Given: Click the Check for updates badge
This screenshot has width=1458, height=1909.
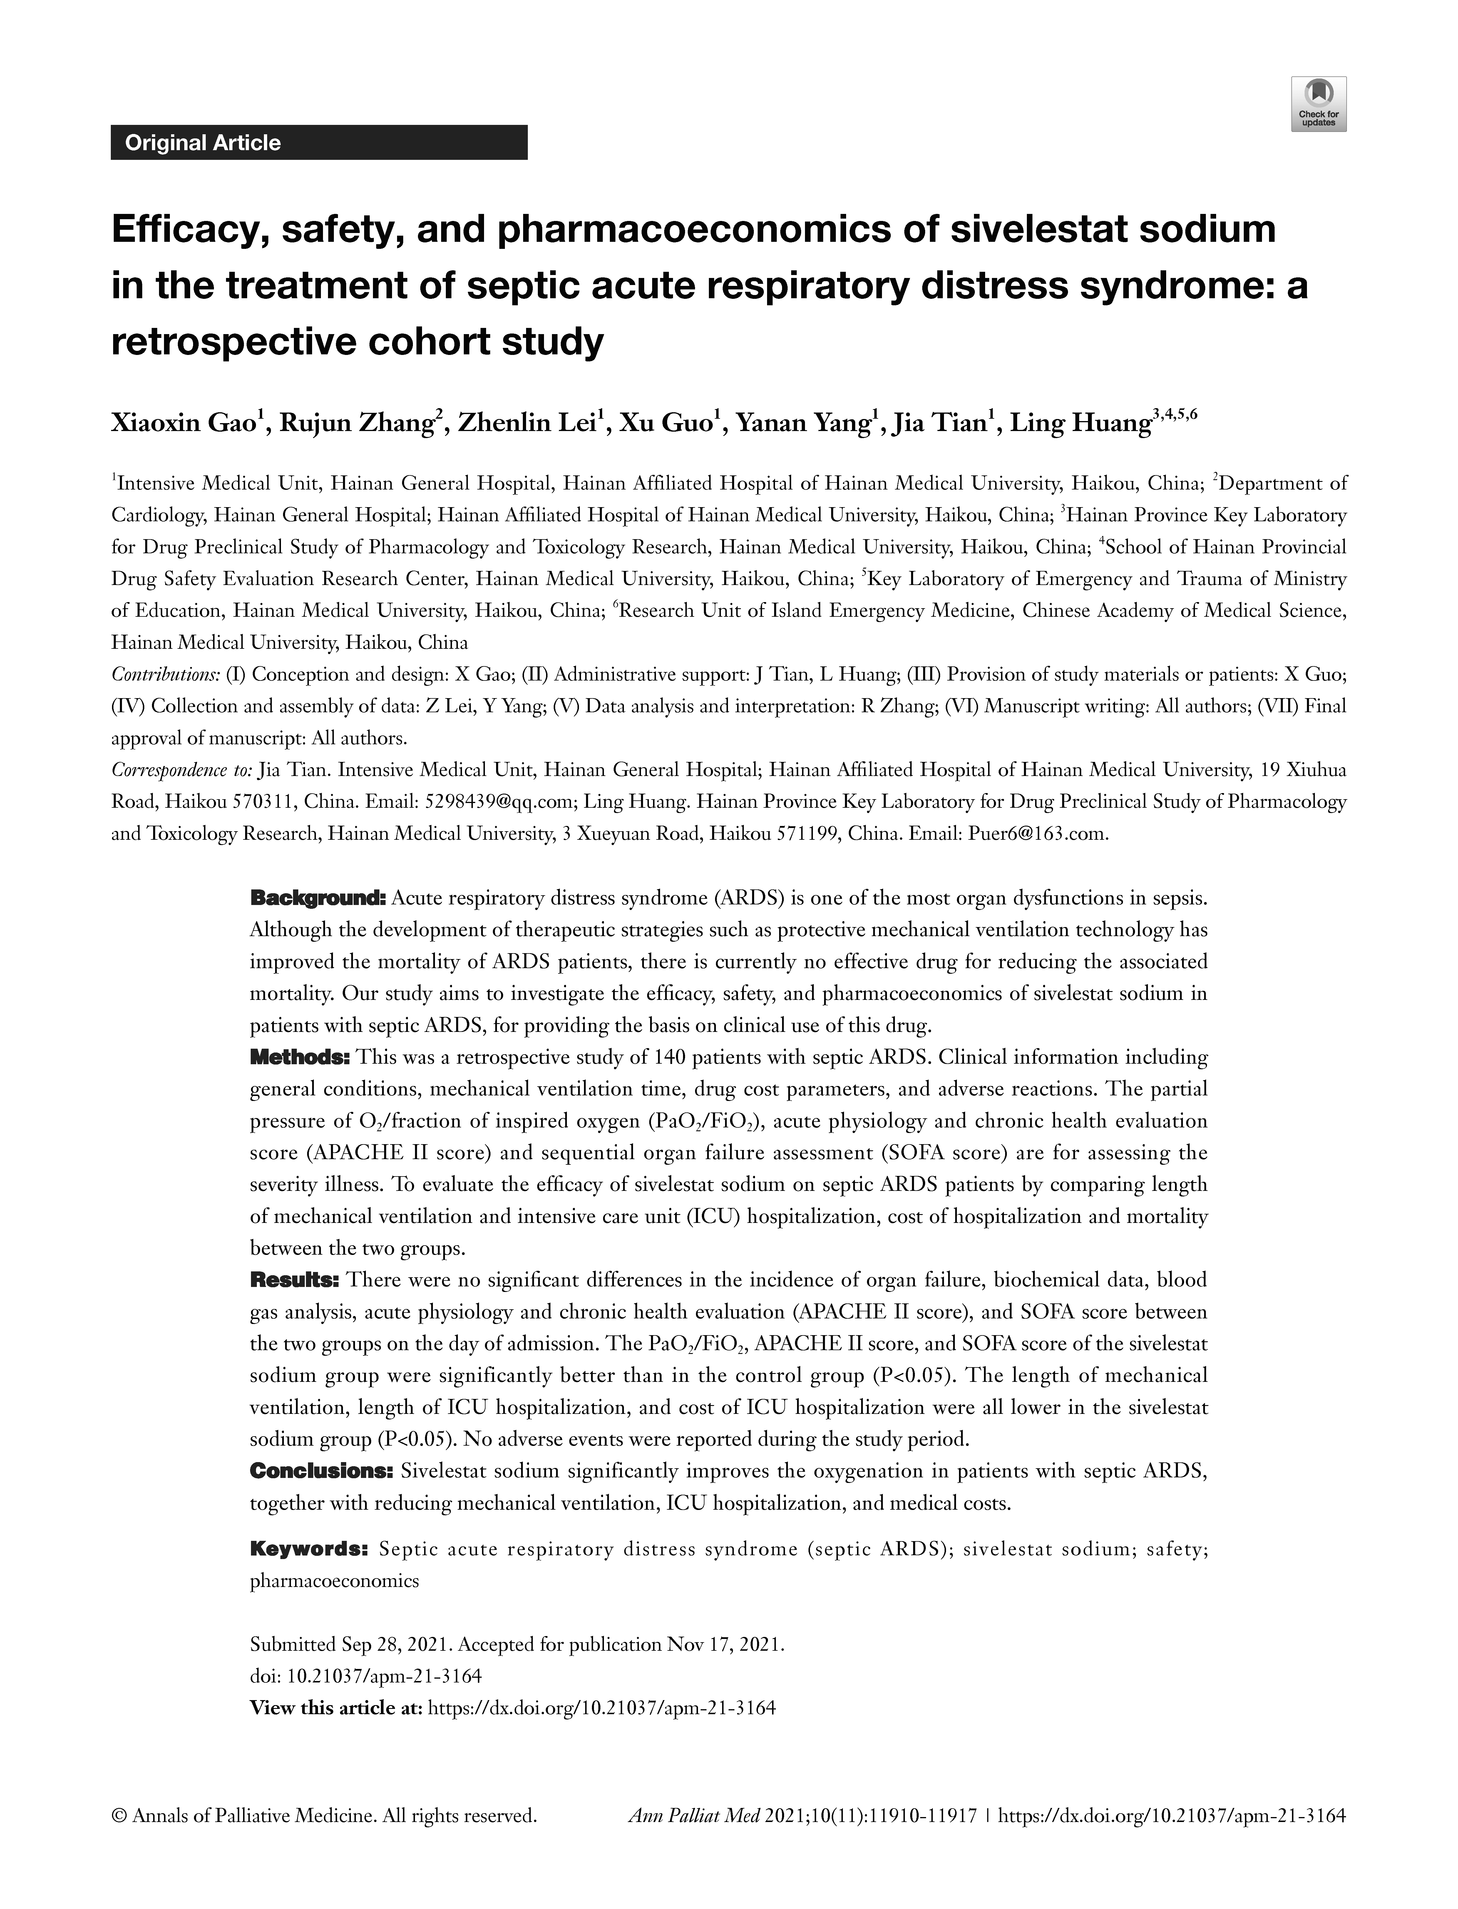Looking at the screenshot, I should point(1318,104).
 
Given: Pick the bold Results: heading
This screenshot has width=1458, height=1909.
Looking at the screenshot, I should point(294,1280).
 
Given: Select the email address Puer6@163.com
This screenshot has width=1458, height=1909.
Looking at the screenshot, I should point(1037,834).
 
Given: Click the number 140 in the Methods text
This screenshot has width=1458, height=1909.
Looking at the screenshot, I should point(672,1058).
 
